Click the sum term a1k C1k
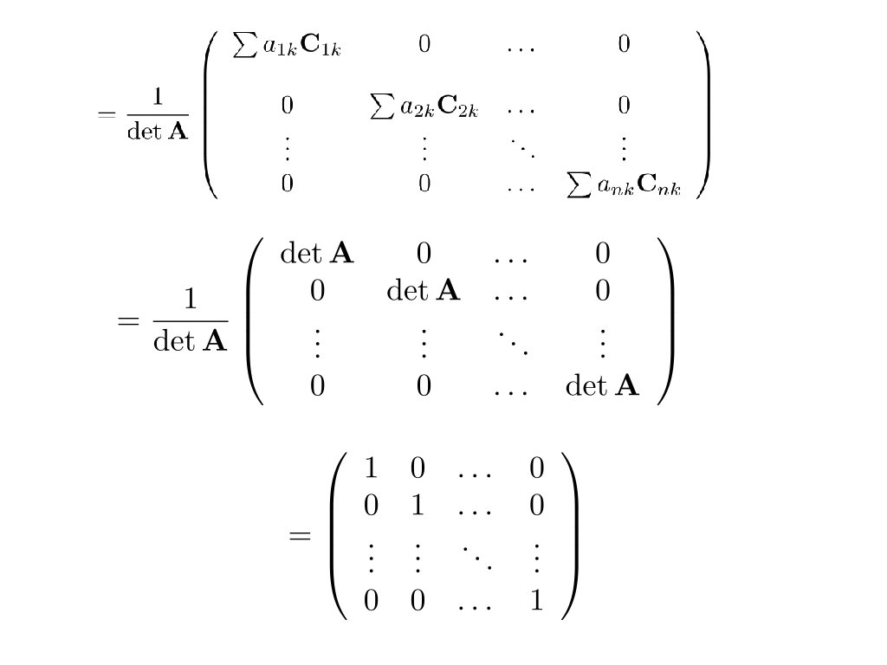point(288,46)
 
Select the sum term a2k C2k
point(424,108)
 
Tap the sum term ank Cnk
point(623,187)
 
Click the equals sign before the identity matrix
point(299,535)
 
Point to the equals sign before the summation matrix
point(107,115)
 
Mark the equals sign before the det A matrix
point(126,320)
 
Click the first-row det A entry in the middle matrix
point(317,254)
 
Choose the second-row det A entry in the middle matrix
point(424,291)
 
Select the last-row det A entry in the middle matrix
point(602,385)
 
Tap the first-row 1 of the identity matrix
point(371,468)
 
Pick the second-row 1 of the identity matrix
point(418,504)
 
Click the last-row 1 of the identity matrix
point(536,600)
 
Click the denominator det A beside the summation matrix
point(158,134)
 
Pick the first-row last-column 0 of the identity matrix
point(536,468)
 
